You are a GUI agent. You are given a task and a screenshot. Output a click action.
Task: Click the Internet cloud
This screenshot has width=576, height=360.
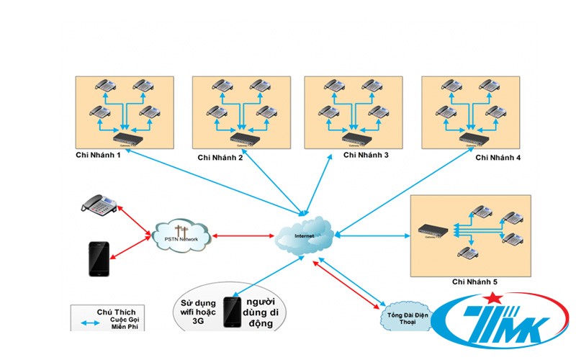pos(303,234)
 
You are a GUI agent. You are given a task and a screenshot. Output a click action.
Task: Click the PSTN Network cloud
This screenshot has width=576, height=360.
pos(181,235)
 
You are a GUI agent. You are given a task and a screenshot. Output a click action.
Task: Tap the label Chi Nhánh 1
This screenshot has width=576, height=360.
pos(99,156)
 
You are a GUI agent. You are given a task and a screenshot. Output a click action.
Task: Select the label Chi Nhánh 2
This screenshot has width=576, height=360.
pos(220,156)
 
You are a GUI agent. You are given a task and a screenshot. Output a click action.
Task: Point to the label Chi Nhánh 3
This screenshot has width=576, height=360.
pos(366,154)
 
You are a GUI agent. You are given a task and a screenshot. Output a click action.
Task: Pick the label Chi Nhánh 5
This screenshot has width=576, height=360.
pos(474,283)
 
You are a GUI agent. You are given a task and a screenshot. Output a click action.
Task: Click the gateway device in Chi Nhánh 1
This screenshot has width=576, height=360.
pos(125,135)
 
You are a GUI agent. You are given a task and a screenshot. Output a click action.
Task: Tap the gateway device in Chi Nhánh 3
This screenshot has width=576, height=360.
pos(354,136)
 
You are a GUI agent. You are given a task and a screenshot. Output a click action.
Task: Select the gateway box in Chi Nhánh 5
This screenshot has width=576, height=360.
pos(434,230)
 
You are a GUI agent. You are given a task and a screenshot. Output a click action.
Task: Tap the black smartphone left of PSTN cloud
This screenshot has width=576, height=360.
pos(99,258)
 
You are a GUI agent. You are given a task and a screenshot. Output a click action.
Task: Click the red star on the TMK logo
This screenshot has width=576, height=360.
pos(492,300)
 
